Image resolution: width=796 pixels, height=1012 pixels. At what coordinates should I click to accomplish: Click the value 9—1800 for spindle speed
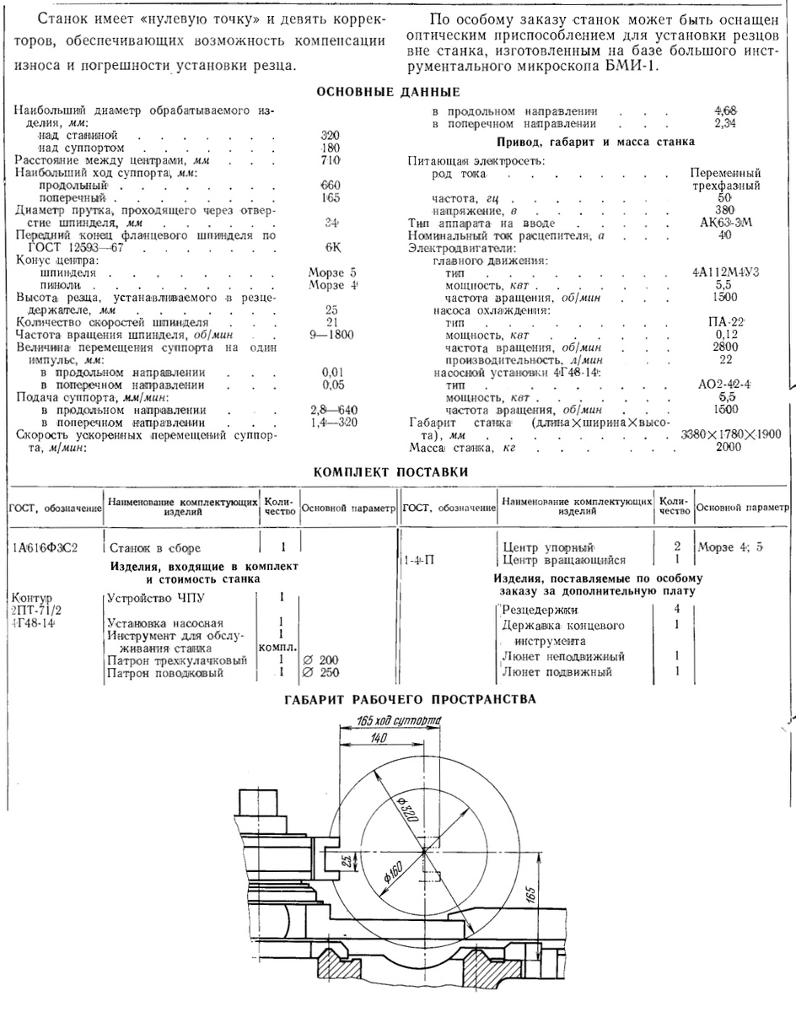[331, 334]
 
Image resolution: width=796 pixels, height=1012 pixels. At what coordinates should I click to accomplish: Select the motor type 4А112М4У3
[719, 273]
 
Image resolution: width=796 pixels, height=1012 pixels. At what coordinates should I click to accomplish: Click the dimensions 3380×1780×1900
[730, 434]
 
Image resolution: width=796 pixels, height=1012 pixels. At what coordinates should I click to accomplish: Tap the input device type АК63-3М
[718, 223]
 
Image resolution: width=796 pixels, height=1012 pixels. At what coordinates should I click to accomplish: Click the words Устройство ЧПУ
[147, 599]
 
